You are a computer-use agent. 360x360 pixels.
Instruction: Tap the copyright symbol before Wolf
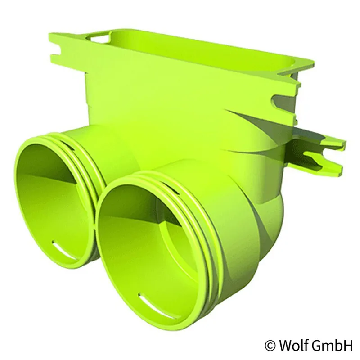click(270, 346)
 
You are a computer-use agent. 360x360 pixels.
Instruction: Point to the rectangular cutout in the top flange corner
click(100, 38)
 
